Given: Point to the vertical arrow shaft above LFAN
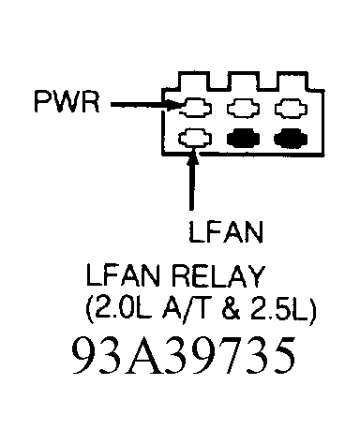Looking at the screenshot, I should [192, 183].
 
